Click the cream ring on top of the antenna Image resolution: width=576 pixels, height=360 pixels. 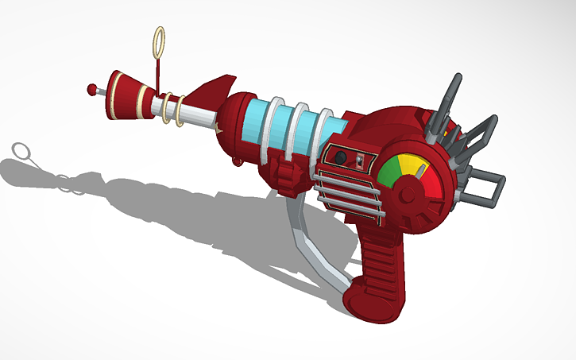(x=159, y=39)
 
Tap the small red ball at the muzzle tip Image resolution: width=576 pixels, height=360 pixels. (x=92, y=86)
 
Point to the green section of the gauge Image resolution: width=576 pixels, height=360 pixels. (x=389, y=172)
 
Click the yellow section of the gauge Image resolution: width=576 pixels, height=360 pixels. (x=412, y=165)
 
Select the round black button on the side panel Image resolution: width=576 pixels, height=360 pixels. (x=340, y=157)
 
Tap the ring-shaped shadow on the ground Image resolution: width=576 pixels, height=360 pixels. (x=21, y=151)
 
